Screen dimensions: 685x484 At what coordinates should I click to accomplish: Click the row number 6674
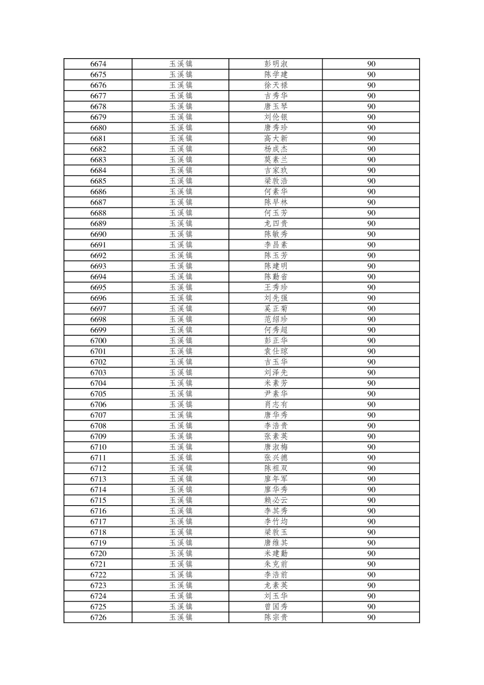coord(98,64)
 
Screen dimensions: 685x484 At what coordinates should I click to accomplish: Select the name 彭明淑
coord(276,64)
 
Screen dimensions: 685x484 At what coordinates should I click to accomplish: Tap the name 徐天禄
coord(276,85)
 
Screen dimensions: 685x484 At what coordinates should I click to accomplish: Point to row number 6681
coord(98,138)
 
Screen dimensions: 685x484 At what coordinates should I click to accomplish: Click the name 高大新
coord(276,138)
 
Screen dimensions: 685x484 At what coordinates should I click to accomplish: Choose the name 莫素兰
coord(276,160)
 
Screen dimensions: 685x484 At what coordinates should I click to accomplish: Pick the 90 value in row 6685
coord(371,181)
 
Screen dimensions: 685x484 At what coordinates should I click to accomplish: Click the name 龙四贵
coord(276,224)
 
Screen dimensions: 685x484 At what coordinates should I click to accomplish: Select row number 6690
coord(98,234)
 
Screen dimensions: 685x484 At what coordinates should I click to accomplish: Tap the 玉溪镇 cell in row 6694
coord(181,277)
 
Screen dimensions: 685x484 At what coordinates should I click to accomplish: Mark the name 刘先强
coord(276,298)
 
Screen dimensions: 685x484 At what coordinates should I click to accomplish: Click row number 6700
coord(98,341)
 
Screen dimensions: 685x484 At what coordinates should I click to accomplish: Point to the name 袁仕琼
coord(276,352)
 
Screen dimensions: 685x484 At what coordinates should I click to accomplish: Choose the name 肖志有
coord(276,405)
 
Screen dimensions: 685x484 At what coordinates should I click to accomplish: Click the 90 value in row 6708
coord(371,426)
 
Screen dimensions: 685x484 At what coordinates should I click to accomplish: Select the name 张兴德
coord(276,458)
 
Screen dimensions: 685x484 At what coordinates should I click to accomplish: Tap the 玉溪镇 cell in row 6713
coord(181,479)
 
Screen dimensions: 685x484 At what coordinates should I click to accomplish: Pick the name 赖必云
coord(276,500)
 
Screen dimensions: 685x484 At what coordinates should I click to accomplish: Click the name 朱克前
coord(276,564)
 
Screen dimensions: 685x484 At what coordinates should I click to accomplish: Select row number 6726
coord(98,617)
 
